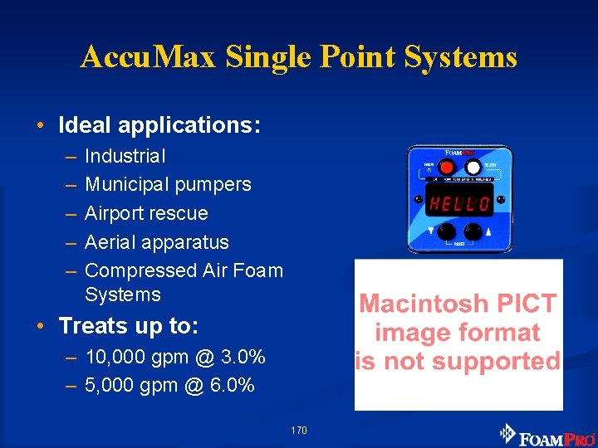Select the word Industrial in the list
[x=125, y=156]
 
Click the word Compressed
[x=140, y=270]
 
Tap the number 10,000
[x=119, y=358]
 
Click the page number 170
[x=299, y=431]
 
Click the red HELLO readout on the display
[x=458, y=202]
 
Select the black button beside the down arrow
[x=446, y=231]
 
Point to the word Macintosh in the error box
[x=424, y=304]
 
